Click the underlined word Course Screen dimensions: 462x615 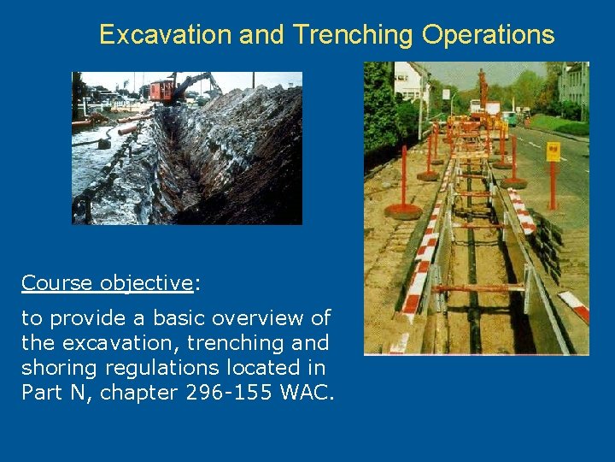pyautogui.click(x=58, y=283)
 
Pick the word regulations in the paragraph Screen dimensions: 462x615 pyautogui.click(x=171, y=368)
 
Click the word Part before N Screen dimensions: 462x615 pyautogui.click(x=42, y=393)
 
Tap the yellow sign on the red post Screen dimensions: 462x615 pyautogui.click(x=553, y=151)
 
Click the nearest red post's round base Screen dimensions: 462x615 pyautogui.click(x=403, y=210)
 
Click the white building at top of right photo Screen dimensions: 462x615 pyautogui.click(x=410, y=81)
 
